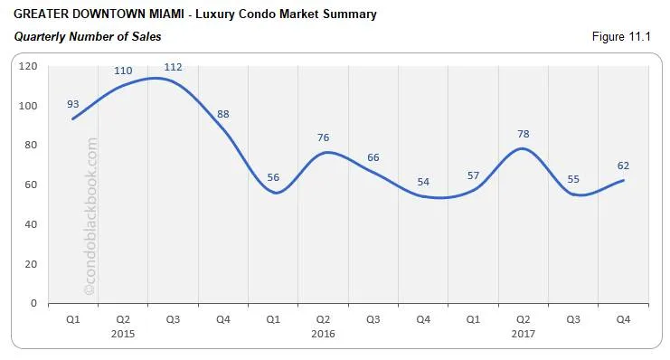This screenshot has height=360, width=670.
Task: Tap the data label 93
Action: click(x=73, y=104)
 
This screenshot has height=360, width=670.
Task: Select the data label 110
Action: click(x=123, y=71)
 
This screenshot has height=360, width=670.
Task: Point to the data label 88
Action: click(x=223, y=114)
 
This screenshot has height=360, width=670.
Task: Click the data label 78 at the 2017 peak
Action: click(x=523, y=134)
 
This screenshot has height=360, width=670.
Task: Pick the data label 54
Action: click(x=423, y=182)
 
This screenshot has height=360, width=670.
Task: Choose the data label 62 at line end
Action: click(x=623, y=166)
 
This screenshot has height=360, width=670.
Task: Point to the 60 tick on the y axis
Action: click(x=30, y=185)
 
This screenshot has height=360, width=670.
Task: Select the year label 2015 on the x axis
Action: click(x=123, y=334)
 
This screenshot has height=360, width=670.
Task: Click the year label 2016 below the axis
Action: click(x=323, y=334)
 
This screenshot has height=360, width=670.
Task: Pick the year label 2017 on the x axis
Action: click(x=523, y=334)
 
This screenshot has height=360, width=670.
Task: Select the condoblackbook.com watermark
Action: click(x=90, y=217)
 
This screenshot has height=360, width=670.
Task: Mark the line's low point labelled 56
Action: click(x=273, y=192)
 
